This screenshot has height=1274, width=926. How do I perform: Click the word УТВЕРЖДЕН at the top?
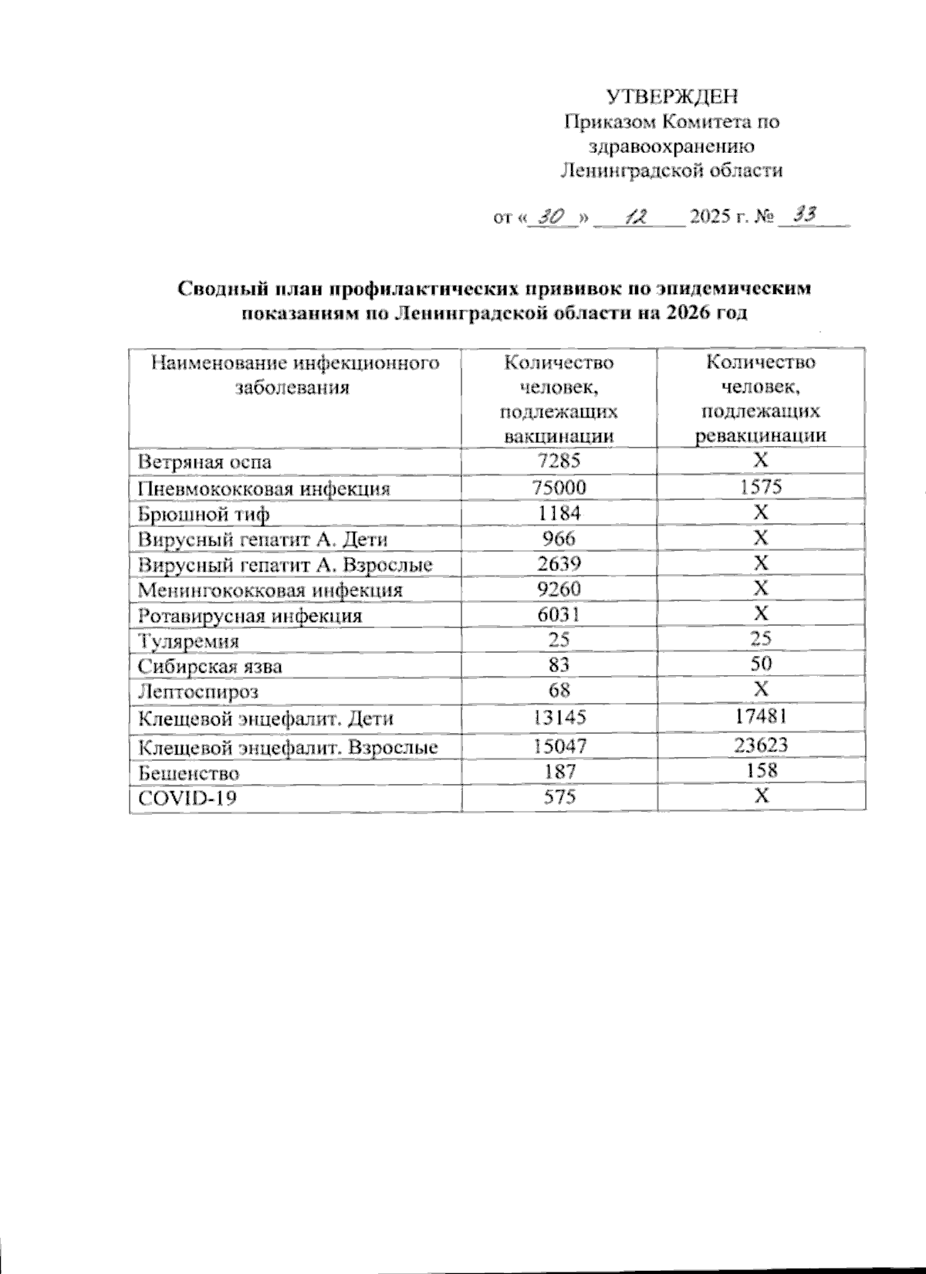pyautogui.click(x=672, y=96)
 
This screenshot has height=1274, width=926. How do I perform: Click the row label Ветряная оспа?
pyautogui.click(x=204, y=462)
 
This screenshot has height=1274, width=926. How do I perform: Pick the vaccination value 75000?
pyautogui.click(x=559, y=487)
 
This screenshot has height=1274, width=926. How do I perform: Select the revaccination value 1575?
pyautogui.click(x=761, y=487)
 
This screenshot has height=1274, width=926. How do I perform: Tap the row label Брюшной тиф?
pyautogui.click(x=204, y=514)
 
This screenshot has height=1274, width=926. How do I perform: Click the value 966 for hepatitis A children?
pyautogui.click(x=559, y=538)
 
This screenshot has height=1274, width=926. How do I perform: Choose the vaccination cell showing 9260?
pyautogui.click(x=559, y=589)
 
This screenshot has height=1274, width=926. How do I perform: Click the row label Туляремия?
pyautogui.click(x=188, y=641)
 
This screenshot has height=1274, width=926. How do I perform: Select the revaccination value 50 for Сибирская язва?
pyautogui.click(x=761, y=664)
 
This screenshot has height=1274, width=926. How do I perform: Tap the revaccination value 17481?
pyautogui.click(x=761, y=717)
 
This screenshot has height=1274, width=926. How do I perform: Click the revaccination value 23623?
pyautogui.click(x=761, y=745)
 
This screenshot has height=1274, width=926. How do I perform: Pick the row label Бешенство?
pyautogui.click(x=188, y=772)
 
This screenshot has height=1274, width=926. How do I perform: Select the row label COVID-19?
pyautogui.click(x=187, y=798)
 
